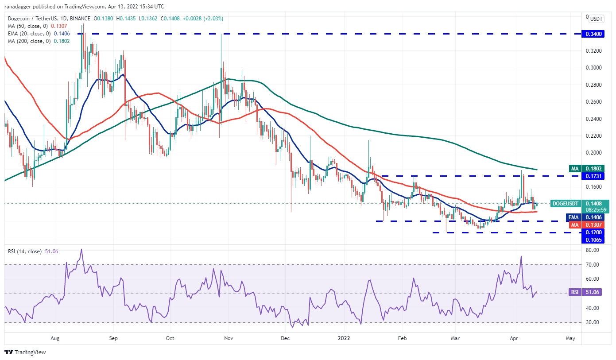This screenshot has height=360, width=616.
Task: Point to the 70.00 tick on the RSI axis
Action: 592,264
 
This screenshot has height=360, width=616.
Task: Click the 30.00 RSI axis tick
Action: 592,322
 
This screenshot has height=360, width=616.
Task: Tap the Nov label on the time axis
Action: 229,338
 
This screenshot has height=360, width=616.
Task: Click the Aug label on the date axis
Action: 55,338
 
